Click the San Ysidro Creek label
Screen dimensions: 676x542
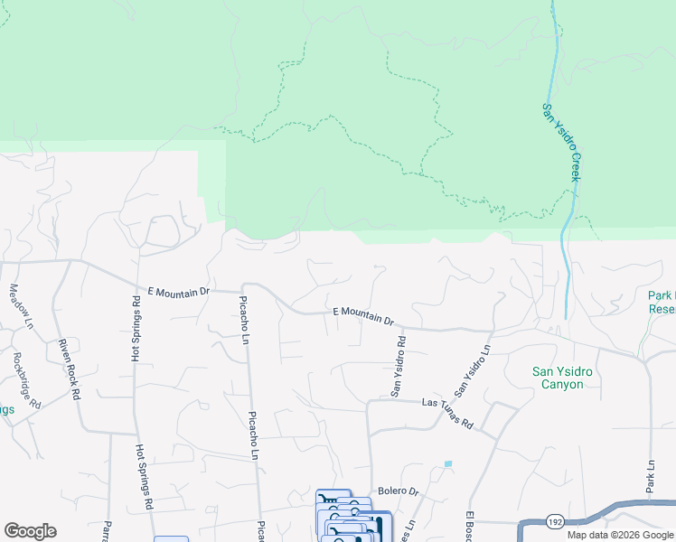[560, 142]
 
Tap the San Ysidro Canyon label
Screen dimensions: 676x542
[568, 377]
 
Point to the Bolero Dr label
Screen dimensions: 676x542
[399, 491]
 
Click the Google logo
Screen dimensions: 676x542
[30, 531]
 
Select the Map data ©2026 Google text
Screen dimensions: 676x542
[620, 535]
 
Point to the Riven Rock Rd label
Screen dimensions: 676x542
[70, 367]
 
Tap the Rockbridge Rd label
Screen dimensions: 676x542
[27, 379]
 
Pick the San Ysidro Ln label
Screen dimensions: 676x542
[473, 370]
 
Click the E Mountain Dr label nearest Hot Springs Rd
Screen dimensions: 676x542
[179, 293]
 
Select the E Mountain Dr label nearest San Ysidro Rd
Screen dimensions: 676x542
[363, 315]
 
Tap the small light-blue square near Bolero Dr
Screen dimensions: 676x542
[448, 464]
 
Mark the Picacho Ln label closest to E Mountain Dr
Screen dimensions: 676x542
[243, 320]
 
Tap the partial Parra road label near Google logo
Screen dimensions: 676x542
[106, 530]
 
